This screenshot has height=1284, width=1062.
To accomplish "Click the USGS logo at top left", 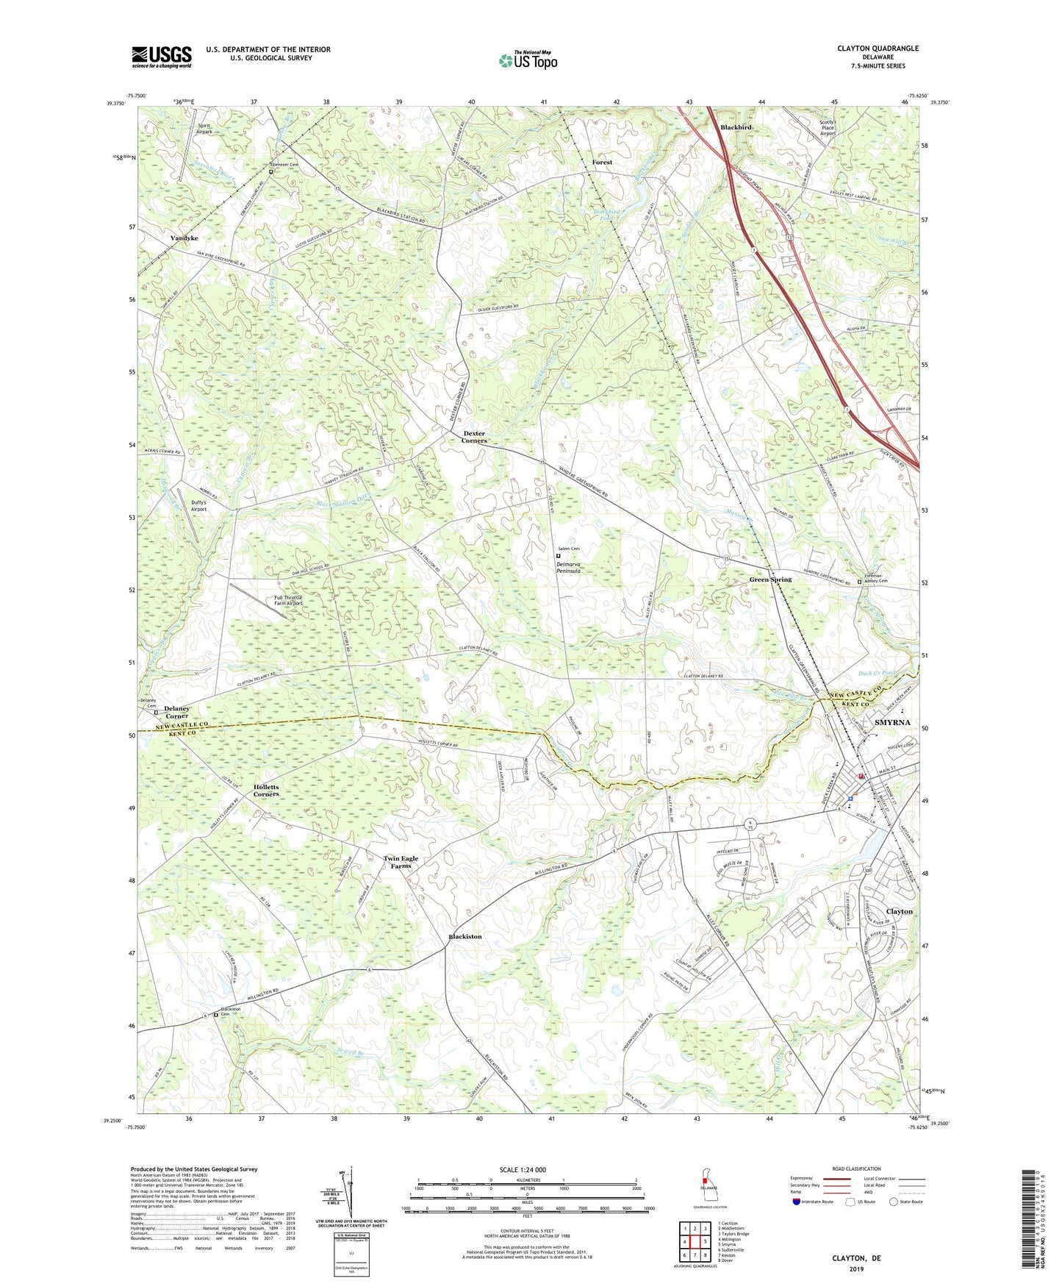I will (x=162, y=57).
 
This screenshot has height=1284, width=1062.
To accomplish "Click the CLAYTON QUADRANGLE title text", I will (x=878, y=49).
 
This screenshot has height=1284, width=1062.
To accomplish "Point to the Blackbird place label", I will (x=736, y=127).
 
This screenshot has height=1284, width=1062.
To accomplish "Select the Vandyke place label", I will (x=184, y=238).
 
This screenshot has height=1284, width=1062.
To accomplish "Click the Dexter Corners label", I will (x=474, y=437).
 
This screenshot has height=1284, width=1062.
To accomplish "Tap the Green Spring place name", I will (x=770, y=579).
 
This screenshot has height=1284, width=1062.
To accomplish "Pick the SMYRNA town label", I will (x=892, y=722).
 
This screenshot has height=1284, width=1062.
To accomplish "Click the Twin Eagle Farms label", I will (x=401, y=862).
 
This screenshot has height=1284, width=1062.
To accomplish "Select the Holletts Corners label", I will (x=266, y=791).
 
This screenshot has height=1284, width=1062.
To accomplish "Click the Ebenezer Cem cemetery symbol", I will (x=270, y=172).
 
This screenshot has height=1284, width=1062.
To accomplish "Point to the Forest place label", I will (x=602, y=162).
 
